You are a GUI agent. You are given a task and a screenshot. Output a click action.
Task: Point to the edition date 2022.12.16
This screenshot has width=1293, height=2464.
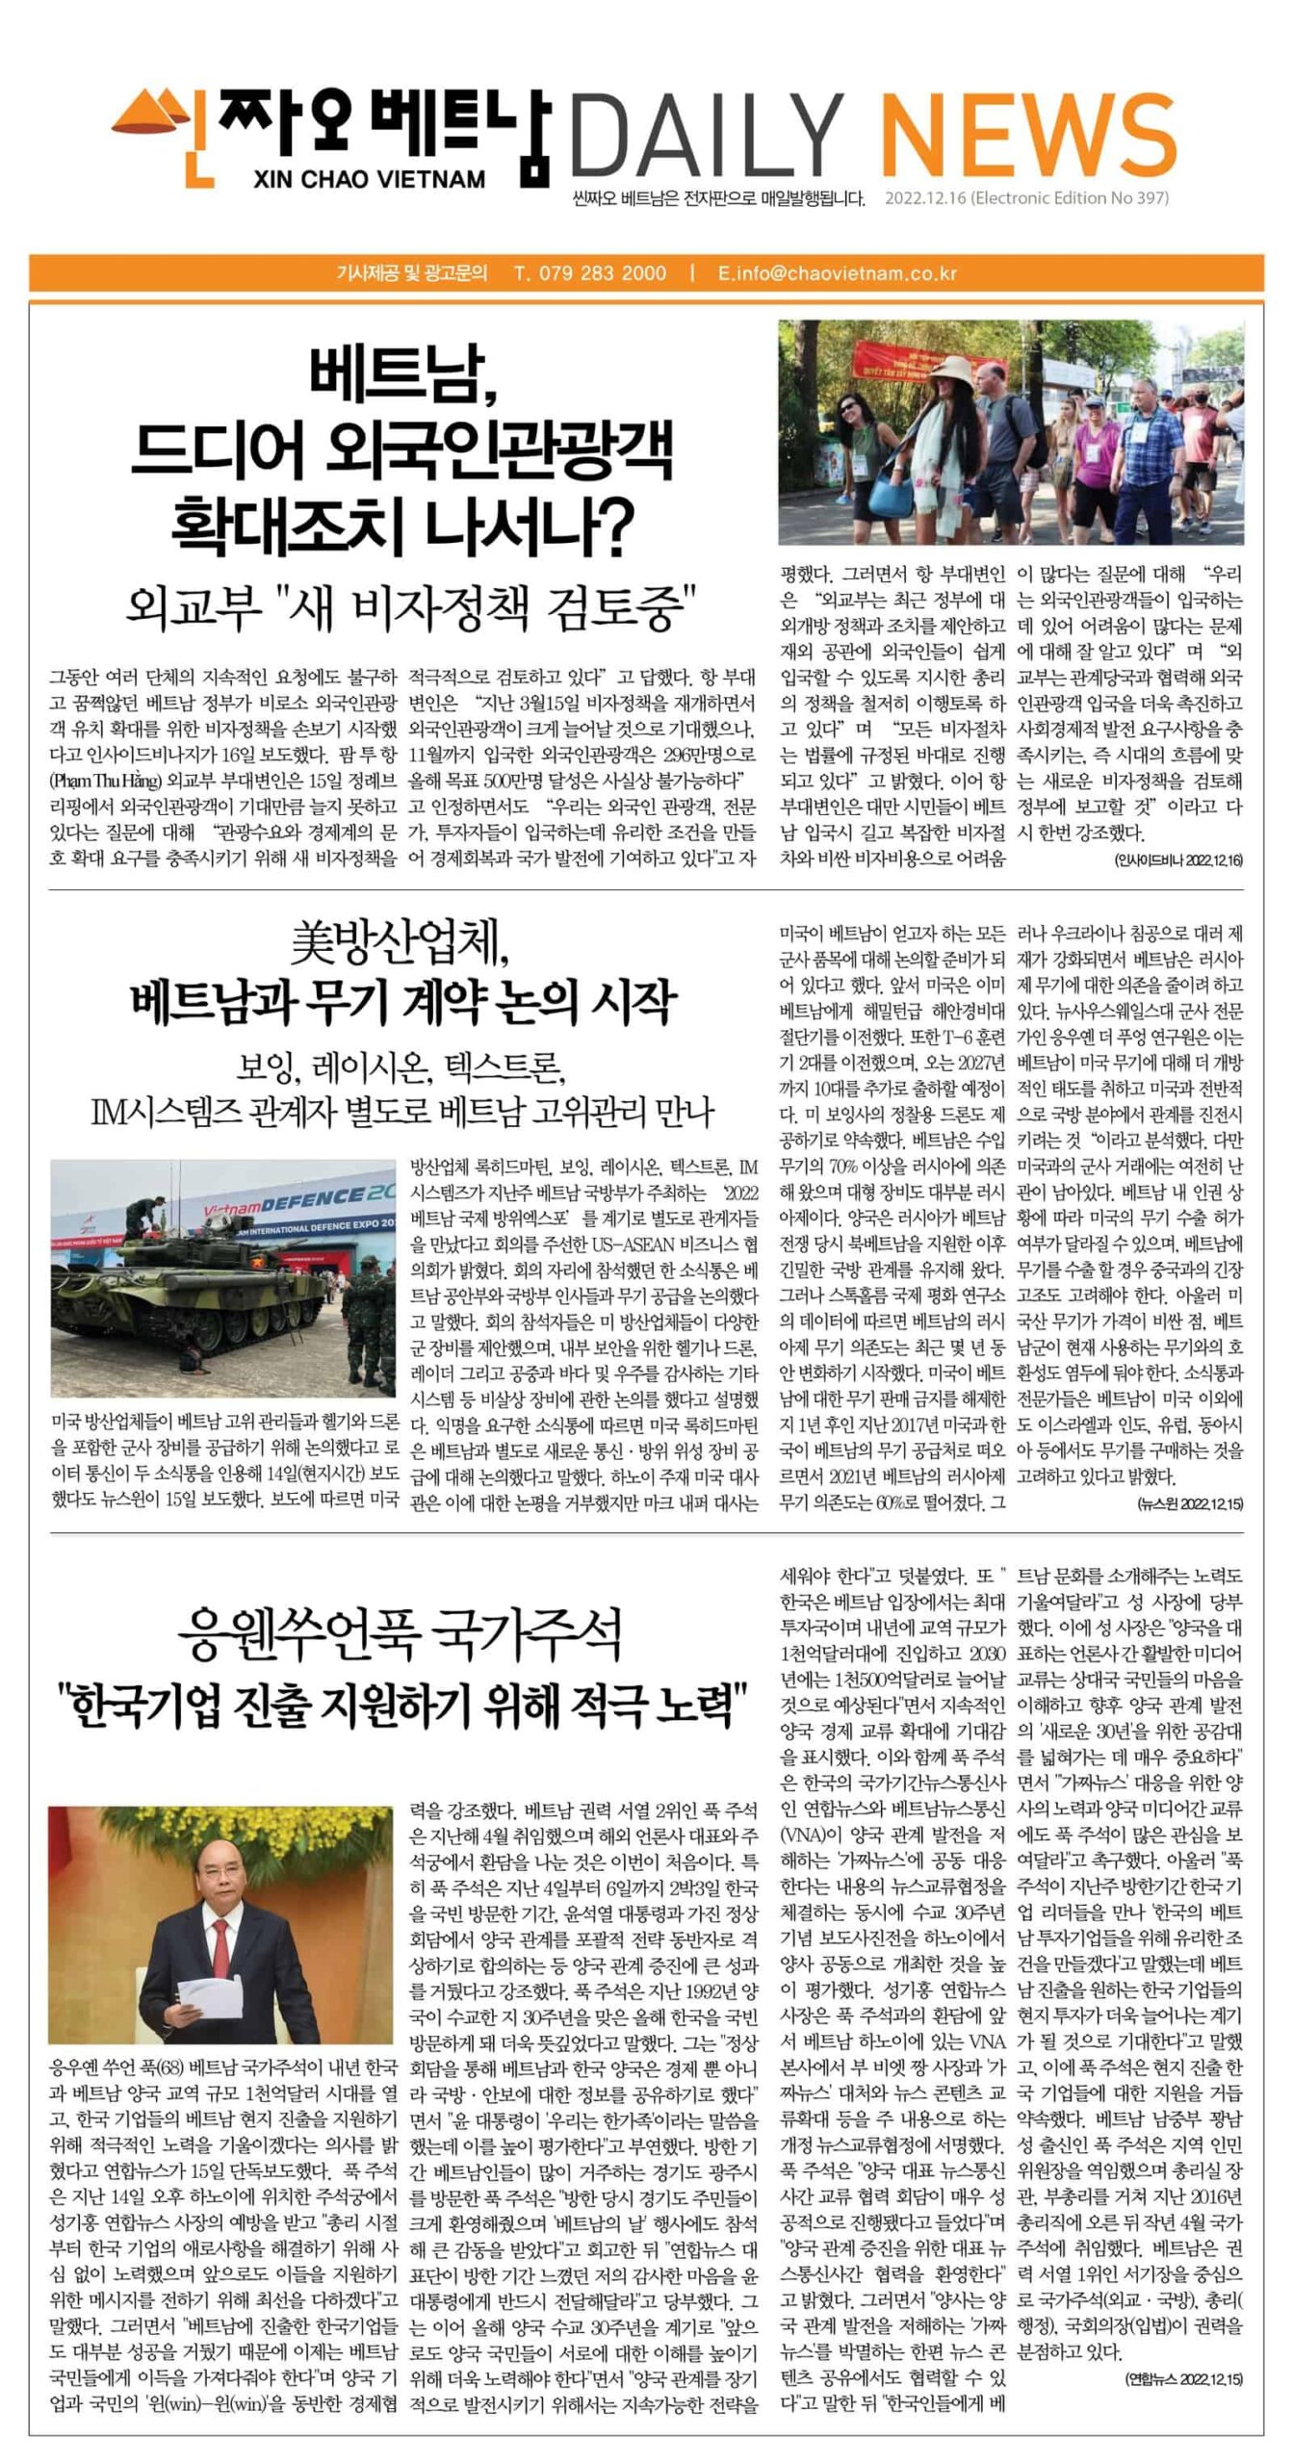[925, 198]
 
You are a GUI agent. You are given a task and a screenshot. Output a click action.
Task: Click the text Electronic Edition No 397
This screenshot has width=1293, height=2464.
[1071, 198]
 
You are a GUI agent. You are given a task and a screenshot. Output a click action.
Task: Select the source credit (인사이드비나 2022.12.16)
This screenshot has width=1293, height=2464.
[1178, 860]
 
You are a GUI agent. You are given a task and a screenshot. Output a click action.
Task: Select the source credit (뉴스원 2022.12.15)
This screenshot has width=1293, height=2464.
[1190, 1502]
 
